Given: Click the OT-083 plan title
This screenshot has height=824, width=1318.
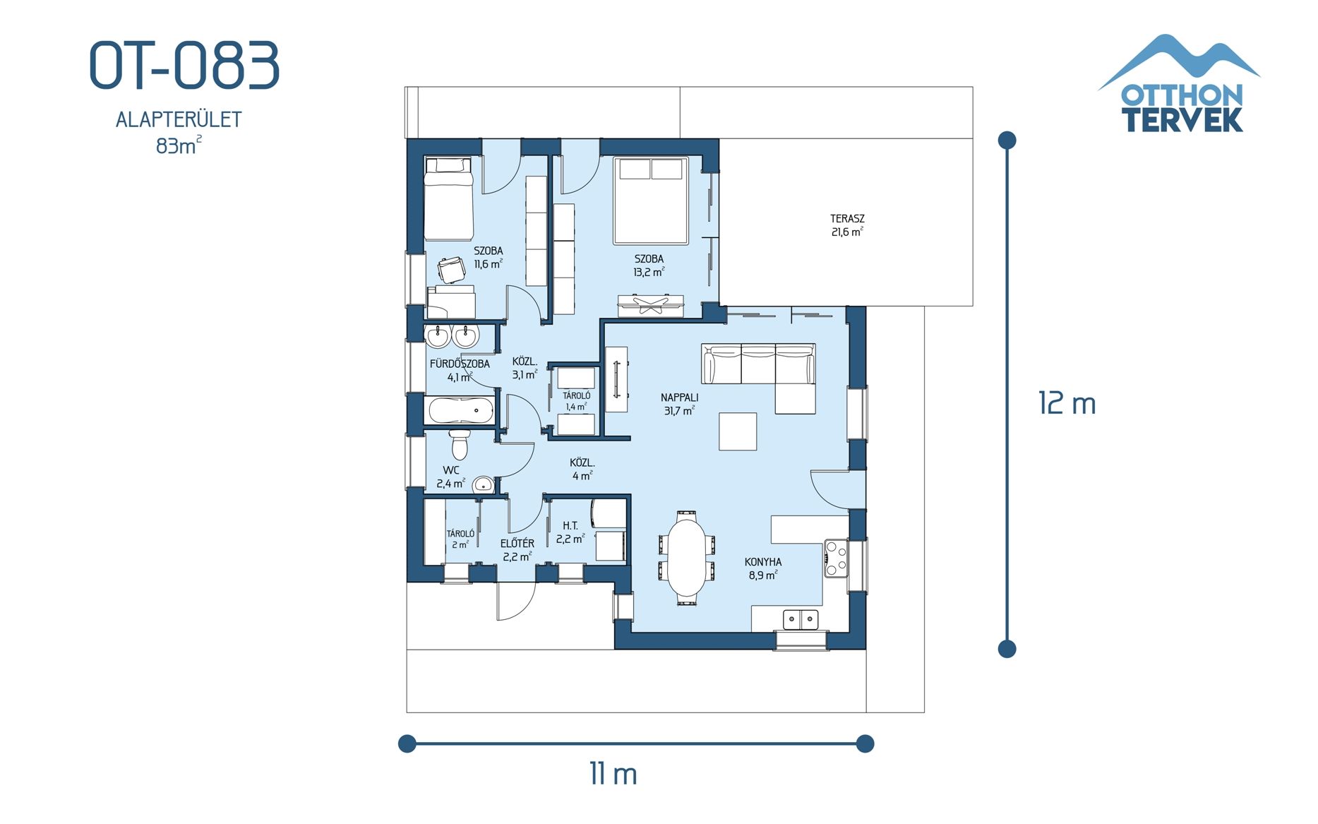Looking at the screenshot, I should [x=184, y=66].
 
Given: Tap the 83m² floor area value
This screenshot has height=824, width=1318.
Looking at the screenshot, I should [x=178, y=146].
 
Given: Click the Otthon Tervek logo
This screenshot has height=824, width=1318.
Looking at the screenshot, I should [x=1180, y=85].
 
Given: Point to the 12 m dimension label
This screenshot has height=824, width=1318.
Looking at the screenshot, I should [x=1066, y=404].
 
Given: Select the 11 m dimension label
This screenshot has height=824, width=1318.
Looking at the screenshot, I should [x=613, y=774].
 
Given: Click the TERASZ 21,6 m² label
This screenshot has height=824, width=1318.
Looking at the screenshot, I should [x=846, y=225].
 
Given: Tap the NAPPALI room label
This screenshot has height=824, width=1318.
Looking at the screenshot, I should [x=679, y=398].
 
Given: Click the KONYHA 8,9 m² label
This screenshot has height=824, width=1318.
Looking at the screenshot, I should [x=762, y=568].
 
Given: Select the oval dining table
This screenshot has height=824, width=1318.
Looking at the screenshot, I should [x=687, y=558].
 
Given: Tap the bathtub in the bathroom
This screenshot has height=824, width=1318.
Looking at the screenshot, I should [x=460, y=410].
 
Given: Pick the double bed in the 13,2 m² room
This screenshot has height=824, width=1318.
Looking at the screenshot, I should [x=650, y=201].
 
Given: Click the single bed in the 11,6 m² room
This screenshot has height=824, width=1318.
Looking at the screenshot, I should [x=448, y=200].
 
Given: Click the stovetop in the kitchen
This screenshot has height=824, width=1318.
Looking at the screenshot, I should [x=837, y=559].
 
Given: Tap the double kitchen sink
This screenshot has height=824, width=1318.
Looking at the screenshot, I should [x=801, y=619].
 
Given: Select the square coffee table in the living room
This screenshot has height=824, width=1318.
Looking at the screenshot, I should [x=738, y=431].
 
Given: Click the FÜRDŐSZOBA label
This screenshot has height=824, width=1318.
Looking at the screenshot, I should [x=460, y=364].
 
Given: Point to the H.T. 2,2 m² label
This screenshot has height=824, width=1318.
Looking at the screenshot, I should [x=570, y=532].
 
